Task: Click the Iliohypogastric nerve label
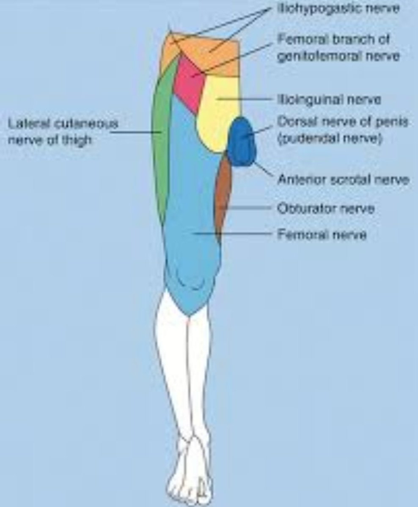(x=338, y=9)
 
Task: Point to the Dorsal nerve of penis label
(x=343, y=122)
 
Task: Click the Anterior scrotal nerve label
(x=343, y=180)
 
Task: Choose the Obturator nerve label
(x=326, y=208)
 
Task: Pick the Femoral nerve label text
(x=322, y=234)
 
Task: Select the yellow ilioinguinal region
(x=218, y=114)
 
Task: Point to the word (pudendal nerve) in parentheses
(x=330, y=139)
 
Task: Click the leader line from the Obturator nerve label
(x=245, y=208)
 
